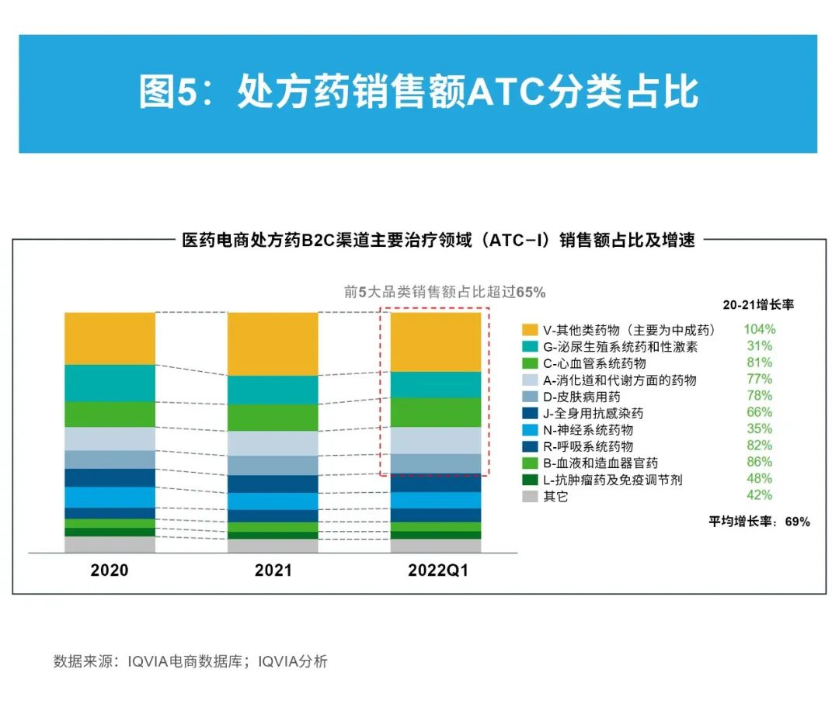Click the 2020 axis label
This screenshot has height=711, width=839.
tap(110, 571)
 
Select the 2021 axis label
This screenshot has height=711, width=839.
tap(273, 571)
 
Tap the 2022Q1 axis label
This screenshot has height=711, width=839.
tap(438, 571)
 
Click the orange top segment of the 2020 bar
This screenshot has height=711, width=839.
tap(110, 338)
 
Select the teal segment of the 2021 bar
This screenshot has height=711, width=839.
tap(273, 390)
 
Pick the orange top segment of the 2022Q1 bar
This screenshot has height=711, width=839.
tap(435, 342)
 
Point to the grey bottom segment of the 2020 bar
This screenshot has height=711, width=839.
tap(110, 544)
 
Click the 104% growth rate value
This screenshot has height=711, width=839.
tap(759, 329)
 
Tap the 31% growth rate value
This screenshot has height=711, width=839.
tap(759, 346)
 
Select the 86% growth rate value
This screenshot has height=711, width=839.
tap(759, 463)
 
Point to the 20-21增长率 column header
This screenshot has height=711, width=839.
tap(758, 305)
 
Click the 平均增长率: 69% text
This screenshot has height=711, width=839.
tap(758, 522)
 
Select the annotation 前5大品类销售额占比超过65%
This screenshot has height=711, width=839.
tap(444, 293)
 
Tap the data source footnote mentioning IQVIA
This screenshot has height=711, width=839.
tap(190, 661)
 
